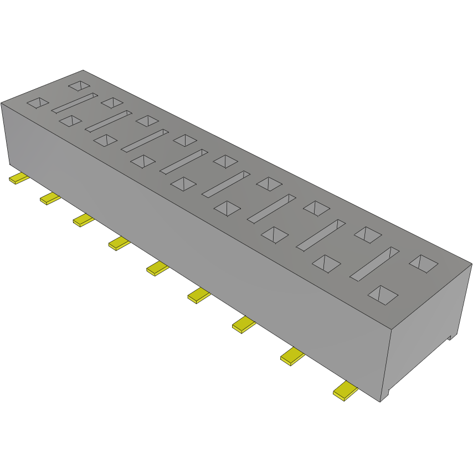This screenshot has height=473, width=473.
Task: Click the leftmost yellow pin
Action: click(19, 178)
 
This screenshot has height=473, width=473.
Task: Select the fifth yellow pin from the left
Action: click(157, 269)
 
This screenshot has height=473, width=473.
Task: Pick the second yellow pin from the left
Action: click(50, 198)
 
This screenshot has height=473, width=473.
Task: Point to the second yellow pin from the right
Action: click(292, 357)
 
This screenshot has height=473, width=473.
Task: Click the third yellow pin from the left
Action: click(84, 220)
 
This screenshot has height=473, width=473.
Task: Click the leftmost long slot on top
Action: click(74, 104)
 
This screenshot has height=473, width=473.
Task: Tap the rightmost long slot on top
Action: click(374, 263)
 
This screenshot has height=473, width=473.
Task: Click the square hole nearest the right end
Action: click(424, 263)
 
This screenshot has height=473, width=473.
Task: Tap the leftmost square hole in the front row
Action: click(38, 102)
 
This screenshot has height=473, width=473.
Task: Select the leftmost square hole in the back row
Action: click(79, 86)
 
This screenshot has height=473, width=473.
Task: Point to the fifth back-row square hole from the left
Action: click(225, 161)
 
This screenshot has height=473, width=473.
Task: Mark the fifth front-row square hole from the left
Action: click(183, 184)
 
